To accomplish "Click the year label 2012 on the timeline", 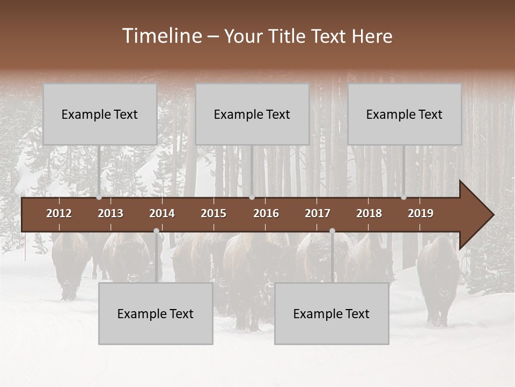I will pos(59,213).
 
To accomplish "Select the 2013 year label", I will pos(111,213).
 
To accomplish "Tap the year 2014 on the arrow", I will pos(162,213).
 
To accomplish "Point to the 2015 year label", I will pos(214,213).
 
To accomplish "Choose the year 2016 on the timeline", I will pos(266,213).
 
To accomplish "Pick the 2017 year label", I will pos(318,213).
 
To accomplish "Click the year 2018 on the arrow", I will pos(369,213).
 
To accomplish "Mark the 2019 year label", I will pos(421,213).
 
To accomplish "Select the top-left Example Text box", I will pos(100,114).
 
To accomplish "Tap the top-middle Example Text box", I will pos(252,114).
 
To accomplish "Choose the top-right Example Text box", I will pos(404,114).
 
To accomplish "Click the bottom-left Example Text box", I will pos(156,313).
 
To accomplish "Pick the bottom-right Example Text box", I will pos(332,313).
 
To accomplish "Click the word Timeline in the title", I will pos(161,36).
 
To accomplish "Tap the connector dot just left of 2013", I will pos(99,197).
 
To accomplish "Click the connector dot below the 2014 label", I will pos(156,231).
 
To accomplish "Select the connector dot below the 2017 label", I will pos(332,231).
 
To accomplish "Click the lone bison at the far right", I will pos(438,279).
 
